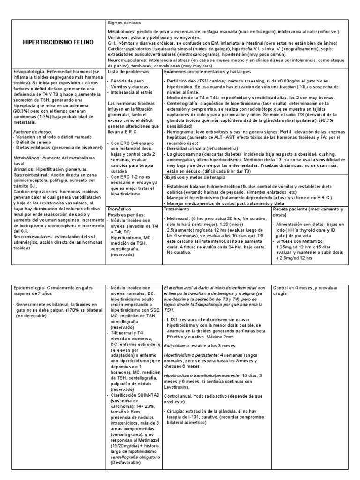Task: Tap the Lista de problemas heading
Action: click(x=128, y=72)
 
